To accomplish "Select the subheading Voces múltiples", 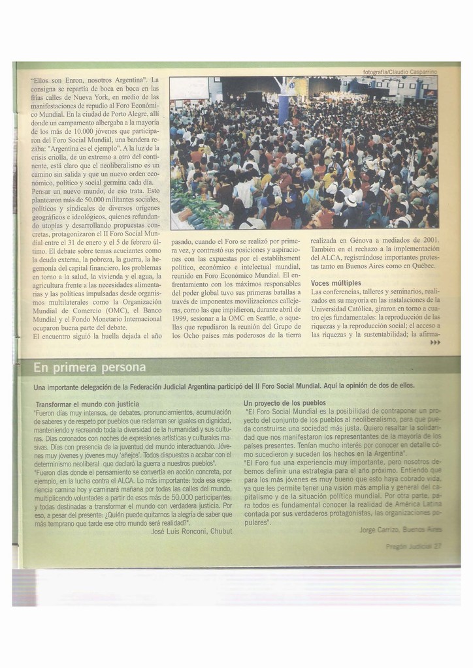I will (x=336, y=283).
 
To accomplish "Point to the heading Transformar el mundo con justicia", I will (x=87, y=404).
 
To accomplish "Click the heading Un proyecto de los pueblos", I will (x=285, y=403).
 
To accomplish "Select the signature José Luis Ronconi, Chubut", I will (x=191, y=531).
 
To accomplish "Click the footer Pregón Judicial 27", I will (x=414, y=547).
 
